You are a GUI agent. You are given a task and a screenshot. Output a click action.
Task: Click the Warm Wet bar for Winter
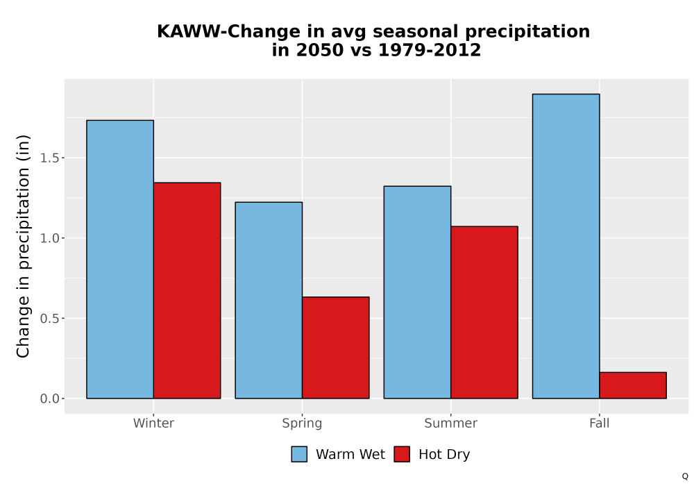pyautogui.click(x=120, y=260)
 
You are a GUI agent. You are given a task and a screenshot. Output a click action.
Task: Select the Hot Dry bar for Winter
pyautogui.click(x=187, y=290)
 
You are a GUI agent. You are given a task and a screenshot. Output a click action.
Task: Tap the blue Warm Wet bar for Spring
pyautogui.click(x=269, y=300)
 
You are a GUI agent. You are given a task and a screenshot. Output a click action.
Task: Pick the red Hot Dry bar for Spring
pyautogui.click(x=336, y=347)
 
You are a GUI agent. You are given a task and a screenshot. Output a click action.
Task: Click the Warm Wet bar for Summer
pyautogui.click(x=417, y=292)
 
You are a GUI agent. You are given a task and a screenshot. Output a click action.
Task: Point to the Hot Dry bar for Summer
pyautogui.click(x=484, y=312)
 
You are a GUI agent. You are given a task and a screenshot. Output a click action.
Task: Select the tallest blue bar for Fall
pyautogui.click(x=566, y=246)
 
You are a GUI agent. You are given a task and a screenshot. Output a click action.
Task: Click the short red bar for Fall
pyautogui.click(x=634, y=385)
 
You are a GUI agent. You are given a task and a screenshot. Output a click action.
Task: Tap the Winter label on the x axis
pyautogui.click(x=153, y=423)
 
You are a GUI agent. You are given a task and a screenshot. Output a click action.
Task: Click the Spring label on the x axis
pyautogui.click(x=303, y=424)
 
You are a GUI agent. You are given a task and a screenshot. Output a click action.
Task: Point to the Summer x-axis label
pyautogui.click(x=451, y=423)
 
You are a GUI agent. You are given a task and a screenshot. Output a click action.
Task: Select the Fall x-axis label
pyautogui.click(x=600, y=423)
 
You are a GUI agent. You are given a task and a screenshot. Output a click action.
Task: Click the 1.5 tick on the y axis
pyautogui.click(x=49, y=158)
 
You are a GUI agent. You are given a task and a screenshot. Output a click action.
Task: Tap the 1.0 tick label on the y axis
pyautogui.click(x=49, y=238)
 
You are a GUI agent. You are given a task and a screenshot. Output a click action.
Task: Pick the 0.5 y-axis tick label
pyautogui.click(x=49, y=318)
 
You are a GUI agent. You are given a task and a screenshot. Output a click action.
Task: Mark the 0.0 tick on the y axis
pyautogui.click(x=49, y=399)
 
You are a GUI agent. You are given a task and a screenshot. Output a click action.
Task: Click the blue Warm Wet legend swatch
pyautogui.click(x=299, y=454)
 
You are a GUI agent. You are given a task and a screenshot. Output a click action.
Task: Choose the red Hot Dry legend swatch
pyautogui.click(x=402, y=454)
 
